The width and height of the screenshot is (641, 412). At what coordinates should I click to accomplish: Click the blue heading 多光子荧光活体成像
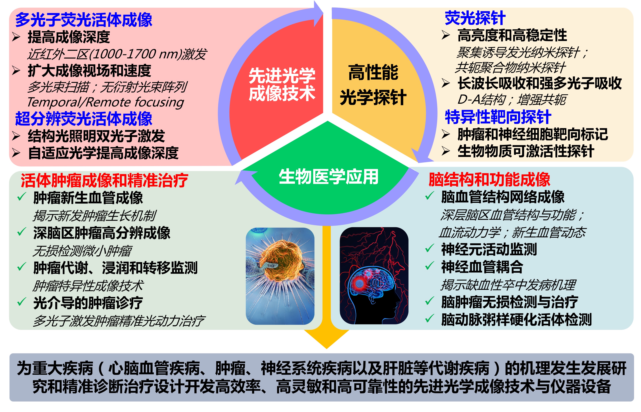tap(83, 20)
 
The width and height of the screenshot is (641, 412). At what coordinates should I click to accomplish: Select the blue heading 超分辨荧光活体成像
tap(83, 119)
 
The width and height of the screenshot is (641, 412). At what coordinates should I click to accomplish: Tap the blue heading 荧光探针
tap(475, 18)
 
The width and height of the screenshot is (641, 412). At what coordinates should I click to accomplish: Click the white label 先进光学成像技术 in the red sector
tap(282, 85)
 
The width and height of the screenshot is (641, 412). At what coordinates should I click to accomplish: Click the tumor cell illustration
tap(280, 276)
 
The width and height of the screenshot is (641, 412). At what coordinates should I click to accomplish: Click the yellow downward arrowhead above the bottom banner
tap(327, 339)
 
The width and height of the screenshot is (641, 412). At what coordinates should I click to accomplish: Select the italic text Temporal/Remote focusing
tap(105, 102)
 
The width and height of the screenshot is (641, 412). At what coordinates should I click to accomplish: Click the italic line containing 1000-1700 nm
tap(117, 54)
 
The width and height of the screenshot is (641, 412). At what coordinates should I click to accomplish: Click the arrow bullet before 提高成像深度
tap(16, 37)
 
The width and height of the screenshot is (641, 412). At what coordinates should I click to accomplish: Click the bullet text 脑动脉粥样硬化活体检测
tap(516, 319)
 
